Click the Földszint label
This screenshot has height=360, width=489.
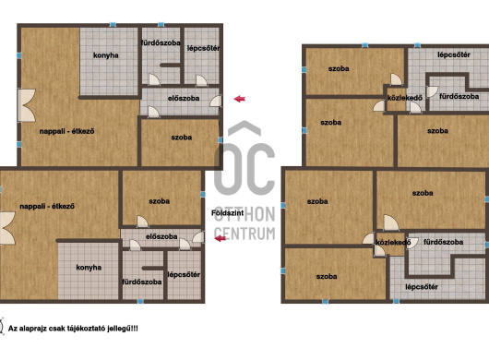pyautogui.click(x=228, y=213)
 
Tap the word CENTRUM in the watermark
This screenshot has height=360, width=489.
pyautogui.click(x=244, y=234)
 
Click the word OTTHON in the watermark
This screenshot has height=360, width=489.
pyautogui.click(x=244, y=214)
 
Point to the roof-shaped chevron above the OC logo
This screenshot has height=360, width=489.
pyautogui.click(x=244, y=128)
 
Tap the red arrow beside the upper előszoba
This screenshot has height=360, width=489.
pyautogui.click(x=240, y=99)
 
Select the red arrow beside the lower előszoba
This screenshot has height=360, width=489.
pyautogui.click(x=221, y=239)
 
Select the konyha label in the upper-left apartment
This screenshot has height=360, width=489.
pyautogui.click(x=106, y=55)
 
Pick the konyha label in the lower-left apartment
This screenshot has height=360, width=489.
pyautogui.click(x=89, y=268)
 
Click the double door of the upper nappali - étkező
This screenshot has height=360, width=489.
pyautogui.click(x=27, y=105)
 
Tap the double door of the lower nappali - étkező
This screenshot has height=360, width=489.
pyautogui.click(x=7, y=228)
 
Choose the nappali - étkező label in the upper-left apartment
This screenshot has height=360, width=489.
pyautogui.click(x=66, y=131)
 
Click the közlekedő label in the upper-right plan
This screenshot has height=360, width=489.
pyautogui.click(x=405, y=98)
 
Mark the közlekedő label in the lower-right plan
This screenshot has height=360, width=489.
pyautogui.click(x=393, y=243)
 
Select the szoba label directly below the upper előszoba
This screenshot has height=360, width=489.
pyautogui.click(x=182, y=138)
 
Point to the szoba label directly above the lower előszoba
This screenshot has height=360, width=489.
pyautogui.click(x=160, y=201)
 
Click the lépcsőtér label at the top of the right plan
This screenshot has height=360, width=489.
pyautogui.click(x=454, y=54)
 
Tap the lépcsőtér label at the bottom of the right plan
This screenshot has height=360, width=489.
pyautogui.click(x=422, y=287)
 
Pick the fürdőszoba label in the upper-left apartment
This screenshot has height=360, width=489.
pyautogui.click(x=161, y=43)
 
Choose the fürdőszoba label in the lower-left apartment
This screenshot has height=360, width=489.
pyautogui.click(x=142, y=282)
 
